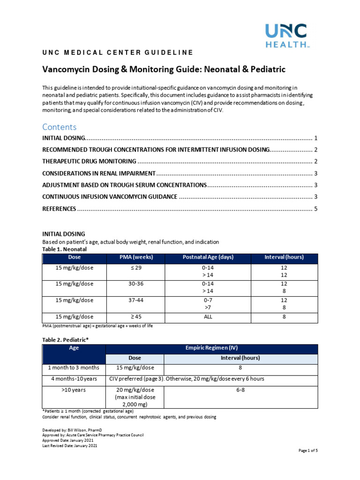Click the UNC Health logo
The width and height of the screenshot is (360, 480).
[285, 36]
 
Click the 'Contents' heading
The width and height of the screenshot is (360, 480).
[59, 127]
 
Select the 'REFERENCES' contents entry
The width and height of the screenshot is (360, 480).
[59, 209]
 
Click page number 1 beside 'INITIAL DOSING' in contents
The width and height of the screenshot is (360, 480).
[316, 138]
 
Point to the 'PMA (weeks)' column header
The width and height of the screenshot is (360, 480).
[136, 257]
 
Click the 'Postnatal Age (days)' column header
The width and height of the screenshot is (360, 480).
[208, 257]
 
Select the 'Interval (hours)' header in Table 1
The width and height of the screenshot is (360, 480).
[284, 257]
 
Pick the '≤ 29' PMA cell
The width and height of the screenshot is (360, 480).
[136, 268]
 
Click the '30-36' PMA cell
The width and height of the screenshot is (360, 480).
[136, 284]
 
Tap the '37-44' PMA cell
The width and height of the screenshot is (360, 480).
[136, 300]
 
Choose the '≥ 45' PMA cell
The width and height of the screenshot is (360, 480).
[136, 317]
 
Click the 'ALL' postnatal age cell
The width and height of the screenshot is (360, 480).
[208, 317]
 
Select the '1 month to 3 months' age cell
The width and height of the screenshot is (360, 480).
[74, 368]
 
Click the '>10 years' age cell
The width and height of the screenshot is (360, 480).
[74, 390]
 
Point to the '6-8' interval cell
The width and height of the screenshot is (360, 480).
[240, 390]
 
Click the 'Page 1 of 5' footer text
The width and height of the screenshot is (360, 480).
[308, 450]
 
